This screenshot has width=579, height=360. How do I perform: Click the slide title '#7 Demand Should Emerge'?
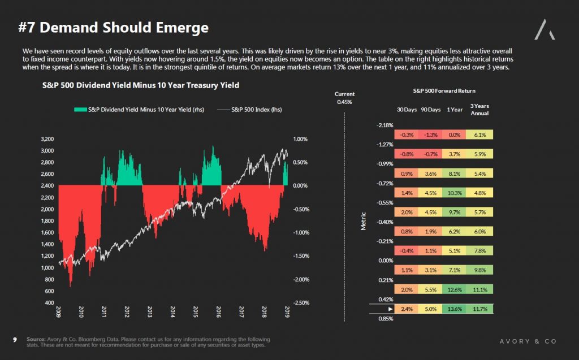[x=113, y=28]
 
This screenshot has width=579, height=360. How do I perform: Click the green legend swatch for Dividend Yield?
[x=80, y=110]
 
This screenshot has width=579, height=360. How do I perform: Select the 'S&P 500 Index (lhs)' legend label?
[x=256, y=110]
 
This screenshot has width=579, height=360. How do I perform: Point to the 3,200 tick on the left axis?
[x=47, y=139]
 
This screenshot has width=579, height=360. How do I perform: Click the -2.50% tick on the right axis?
[x=301, y=303]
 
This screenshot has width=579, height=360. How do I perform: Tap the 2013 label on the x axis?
[x=149, y=311]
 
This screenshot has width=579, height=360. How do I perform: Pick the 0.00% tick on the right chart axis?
[x=300, y=186]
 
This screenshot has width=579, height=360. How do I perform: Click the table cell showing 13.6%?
[x=454, y=309]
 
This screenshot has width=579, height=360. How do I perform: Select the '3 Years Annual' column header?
[x=479, y=110]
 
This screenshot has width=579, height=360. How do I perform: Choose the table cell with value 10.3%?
[x=454, y=193]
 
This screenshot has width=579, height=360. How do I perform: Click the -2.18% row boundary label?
[x=384, y=125]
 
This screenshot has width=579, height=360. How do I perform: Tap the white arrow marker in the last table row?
[x=390, y=309]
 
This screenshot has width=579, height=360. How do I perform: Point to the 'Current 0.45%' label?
[x=344, y=98]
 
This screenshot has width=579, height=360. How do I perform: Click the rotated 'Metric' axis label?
[x=364, y=221]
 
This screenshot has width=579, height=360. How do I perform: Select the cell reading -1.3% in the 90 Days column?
[x=430, y=135]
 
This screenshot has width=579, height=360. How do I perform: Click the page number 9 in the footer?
[x=15, y=340]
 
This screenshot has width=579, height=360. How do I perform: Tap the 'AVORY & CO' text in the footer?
[x=528, y=341]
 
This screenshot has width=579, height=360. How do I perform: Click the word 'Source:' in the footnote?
[x=36, y=339]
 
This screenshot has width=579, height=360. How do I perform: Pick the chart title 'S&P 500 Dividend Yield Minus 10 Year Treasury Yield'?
[x=141, y=85]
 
